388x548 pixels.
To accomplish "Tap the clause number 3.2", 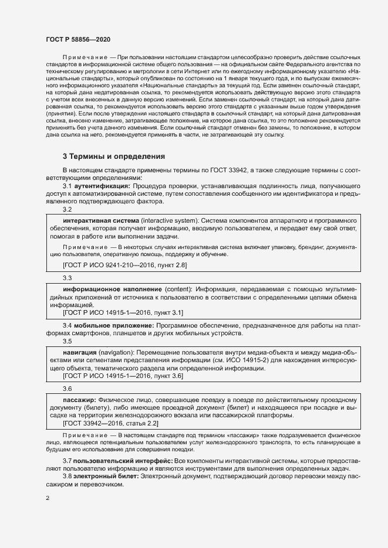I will pos(68,209).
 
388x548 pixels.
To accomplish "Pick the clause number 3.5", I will pos(68,341).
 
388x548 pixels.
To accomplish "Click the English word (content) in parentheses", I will pos(176,289).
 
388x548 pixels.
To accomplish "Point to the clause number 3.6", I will pos(68,389).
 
